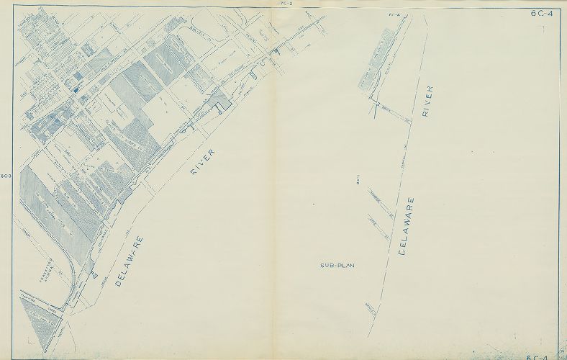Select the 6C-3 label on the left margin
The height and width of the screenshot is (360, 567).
click(6, 175)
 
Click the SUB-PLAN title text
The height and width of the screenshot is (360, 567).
click(337, 266)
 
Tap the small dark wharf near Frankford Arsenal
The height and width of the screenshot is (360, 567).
click(95, 275)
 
